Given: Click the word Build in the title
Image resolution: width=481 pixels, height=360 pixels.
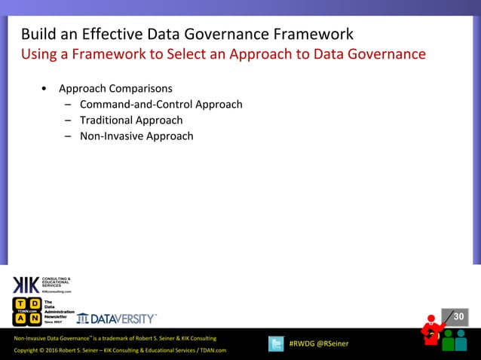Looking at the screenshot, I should click(x=38, y=35).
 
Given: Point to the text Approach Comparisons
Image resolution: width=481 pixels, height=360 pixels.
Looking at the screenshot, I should click(x=115, y=88).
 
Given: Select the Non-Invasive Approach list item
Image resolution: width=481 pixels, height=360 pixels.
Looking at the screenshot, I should click(x=136, y=136).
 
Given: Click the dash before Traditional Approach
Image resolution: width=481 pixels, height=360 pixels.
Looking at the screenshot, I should click(x=68, y=121).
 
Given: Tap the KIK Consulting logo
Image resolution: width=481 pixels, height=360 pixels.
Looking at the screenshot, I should click(x=41, y=286).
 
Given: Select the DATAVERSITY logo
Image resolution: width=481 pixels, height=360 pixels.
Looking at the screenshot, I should click(x=118, y=318).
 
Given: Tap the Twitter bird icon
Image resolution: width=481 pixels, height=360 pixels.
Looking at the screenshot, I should click(x=276, y=344).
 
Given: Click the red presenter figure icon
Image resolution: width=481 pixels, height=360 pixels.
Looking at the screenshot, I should click(x=432, y=332).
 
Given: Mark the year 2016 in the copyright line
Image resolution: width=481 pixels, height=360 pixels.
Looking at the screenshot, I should click(x=57, y=351).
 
